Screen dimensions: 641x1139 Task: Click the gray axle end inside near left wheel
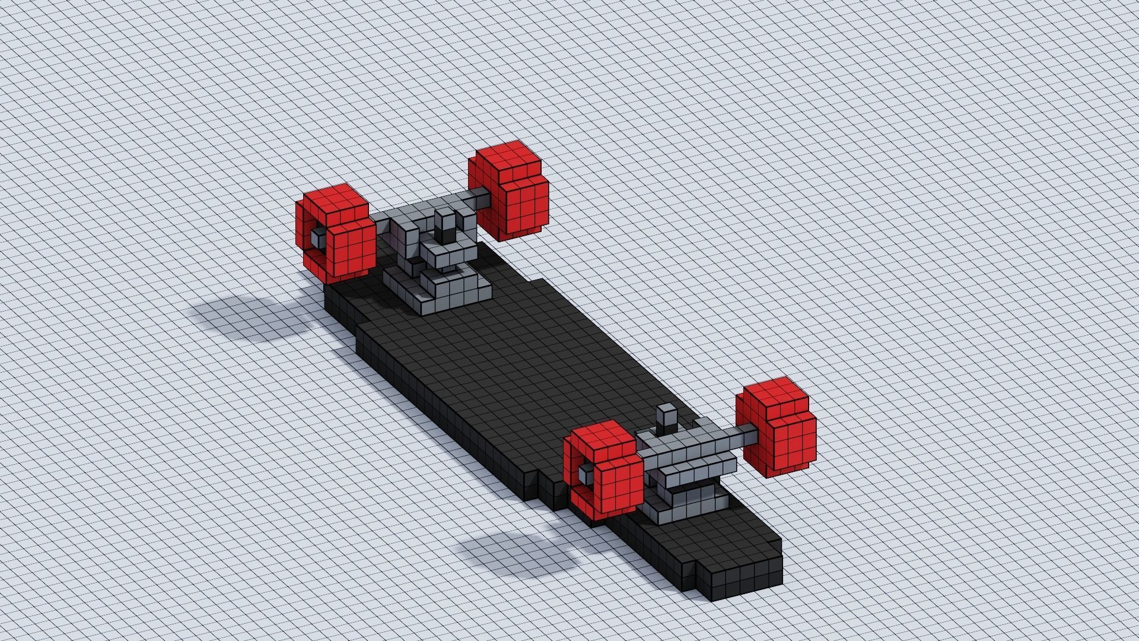coord(586,472)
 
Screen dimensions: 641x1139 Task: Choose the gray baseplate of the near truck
coord(688,504)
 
